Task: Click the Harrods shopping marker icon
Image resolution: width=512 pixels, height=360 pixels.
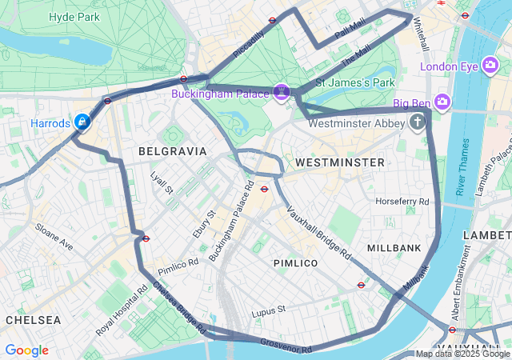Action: (82, 122)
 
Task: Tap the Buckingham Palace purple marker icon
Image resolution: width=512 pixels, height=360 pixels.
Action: (282, 93)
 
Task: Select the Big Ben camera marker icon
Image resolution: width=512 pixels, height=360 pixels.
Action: (443, 102)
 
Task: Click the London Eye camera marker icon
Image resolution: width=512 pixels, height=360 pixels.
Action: (490, 66)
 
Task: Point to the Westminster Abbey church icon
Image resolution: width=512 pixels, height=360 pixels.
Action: (417, 122)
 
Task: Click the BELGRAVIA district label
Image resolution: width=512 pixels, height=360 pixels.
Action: (172, 151)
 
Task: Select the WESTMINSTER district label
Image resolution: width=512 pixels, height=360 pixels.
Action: (339, 162)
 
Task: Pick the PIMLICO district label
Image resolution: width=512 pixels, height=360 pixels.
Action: (295, 263)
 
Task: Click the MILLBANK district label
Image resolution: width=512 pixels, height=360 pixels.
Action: (394, 248)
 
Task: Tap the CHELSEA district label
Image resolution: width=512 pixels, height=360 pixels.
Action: (33, 320)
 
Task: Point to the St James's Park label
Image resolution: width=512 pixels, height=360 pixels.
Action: (355, 82)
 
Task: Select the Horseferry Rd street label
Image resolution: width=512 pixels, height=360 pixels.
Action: (402, 201)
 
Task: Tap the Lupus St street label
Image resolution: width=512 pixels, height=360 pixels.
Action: (268, 310)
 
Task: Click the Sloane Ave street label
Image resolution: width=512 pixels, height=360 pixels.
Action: (54, 237)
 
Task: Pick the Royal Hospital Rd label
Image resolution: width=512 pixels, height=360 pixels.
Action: (116, 314)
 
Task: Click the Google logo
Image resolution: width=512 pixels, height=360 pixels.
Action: (26, 350)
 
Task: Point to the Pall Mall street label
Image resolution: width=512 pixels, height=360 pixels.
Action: (350, 32)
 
